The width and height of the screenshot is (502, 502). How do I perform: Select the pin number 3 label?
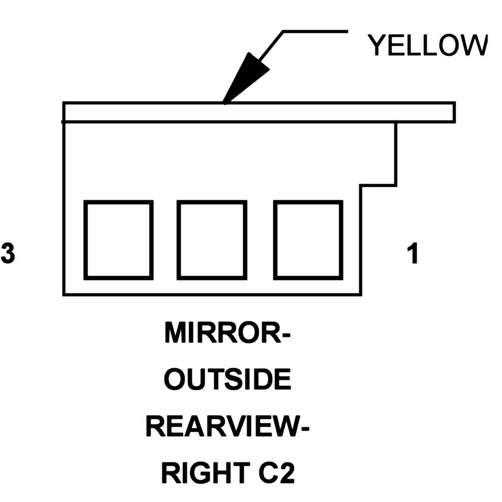tap(8, 254)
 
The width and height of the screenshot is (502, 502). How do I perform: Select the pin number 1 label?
tap(413, 254)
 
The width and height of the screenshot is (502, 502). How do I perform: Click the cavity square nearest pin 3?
tap(118, 240)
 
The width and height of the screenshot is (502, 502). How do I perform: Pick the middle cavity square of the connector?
tap(211, 240)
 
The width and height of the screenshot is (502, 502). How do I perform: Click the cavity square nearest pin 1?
tap(307, 240)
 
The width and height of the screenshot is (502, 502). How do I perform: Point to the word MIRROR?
tap(222, 335)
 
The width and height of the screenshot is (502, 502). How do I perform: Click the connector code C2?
tap(273, 474)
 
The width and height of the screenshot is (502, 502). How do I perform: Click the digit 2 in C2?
tap(286, 474)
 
